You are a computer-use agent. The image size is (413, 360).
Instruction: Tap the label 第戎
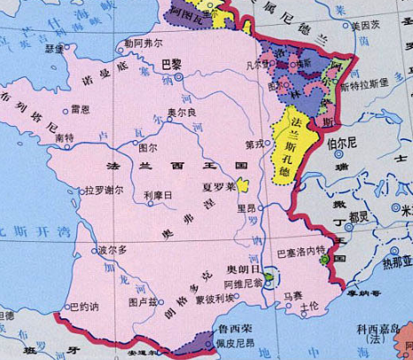tap(255, 145)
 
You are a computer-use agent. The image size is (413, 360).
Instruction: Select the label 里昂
tap(246, 208)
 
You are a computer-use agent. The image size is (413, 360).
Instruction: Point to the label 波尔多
tap(113, 250)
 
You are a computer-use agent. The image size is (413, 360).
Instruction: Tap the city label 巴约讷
tap(83, 307)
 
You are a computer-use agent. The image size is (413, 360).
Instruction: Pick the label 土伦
tap(309, 307)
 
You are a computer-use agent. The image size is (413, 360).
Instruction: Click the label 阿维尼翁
tap(244, 284)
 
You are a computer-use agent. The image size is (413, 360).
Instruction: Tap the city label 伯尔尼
tap(342, 142)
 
